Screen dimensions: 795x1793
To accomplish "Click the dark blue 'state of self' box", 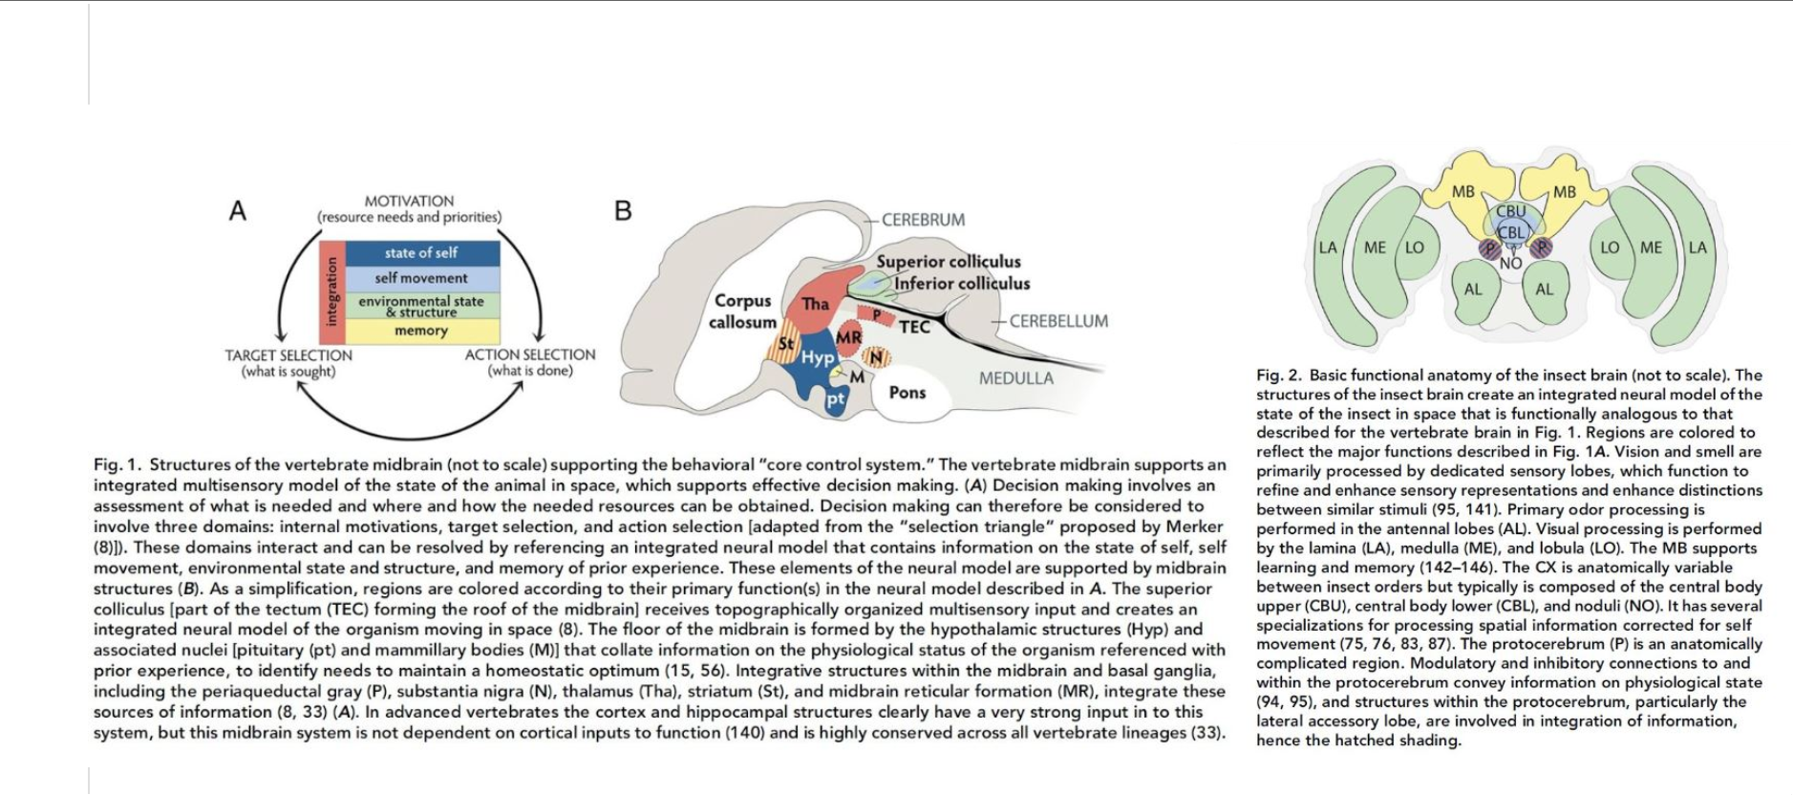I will coord(421,253).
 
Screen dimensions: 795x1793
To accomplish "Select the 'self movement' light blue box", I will coord(421,278).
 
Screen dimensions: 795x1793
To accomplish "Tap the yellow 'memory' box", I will coord(421,331).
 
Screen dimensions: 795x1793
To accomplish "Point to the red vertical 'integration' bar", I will coord(331,291).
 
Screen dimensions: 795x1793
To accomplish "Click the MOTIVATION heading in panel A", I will coord(409,201).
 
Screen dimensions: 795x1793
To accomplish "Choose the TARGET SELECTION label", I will coord(288,355).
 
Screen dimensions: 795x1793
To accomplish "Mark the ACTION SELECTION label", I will coord(530,355).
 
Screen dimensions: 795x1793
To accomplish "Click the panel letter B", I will coord(623,211).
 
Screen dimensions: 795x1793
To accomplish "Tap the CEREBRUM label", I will coord(923,220).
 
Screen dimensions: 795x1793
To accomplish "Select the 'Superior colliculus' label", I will coord(949,262).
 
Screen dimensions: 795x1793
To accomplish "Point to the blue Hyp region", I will coord(817,358).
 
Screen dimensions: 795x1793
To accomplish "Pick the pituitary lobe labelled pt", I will coord(836,398).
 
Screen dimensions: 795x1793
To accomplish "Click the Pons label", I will coord(907,392).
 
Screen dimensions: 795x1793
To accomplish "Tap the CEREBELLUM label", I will coord(1058,321).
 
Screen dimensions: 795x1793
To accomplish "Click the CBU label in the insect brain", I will coord(1510,211).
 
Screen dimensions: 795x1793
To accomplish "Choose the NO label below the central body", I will coord(1510,264).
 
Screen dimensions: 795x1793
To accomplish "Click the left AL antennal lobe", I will coord(1473,290).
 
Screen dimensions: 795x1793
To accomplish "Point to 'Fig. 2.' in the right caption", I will coord(1277,376).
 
